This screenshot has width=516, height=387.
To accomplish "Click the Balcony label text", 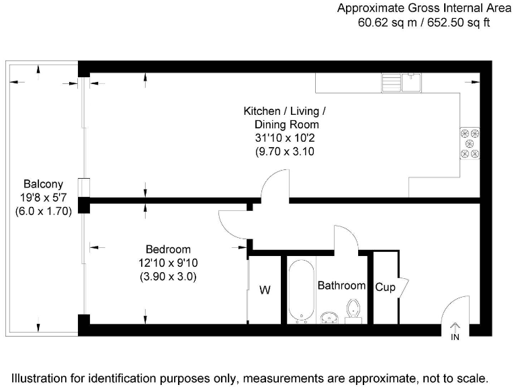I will pyautogui.click(x=44, y=183).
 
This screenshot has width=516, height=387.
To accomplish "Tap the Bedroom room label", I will pyautogui.click(x=168, y=249).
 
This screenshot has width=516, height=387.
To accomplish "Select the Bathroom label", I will pyautogui.click(x=341, y=286).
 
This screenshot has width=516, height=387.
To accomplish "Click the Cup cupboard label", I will pyautogui.click(x=385, y=287).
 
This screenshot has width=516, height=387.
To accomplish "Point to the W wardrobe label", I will pyautogui.click(x=265, y=290).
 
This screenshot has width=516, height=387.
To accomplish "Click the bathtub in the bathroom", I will pyautogui.click(x=300, y=292).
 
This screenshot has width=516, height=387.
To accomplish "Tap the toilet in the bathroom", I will pyautogui.click(x=354, y=310).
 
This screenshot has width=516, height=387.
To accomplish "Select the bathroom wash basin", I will pyautogui.click(x=330, y=316).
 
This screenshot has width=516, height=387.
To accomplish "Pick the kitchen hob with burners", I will pyautogui.click(x=469, y=142).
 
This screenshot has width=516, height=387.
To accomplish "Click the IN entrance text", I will pyautogui.click(x=455, y=337).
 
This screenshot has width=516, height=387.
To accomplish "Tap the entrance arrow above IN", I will pyautogui.click(x=455, y=327).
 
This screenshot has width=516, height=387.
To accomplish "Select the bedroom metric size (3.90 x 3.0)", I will pyautogui.click(x=168, y=276).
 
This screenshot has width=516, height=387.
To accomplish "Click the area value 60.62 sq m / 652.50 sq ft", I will pyautogui.click(x=424, y=23).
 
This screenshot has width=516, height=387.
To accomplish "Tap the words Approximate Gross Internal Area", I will pyautogui.click(x=424, y=9).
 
